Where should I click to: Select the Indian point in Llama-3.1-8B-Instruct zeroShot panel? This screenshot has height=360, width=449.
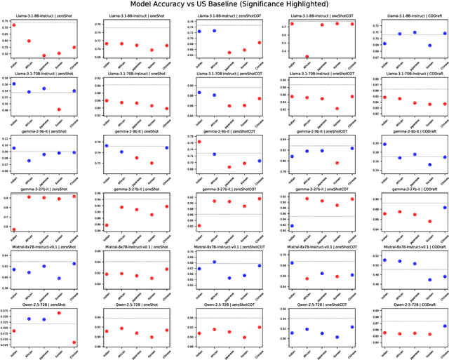pos(13,25)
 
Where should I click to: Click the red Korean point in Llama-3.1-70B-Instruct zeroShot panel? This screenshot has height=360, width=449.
pos(59,109)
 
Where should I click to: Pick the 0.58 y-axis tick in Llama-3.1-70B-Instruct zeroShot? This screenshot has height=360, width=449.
pos(6,78)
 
